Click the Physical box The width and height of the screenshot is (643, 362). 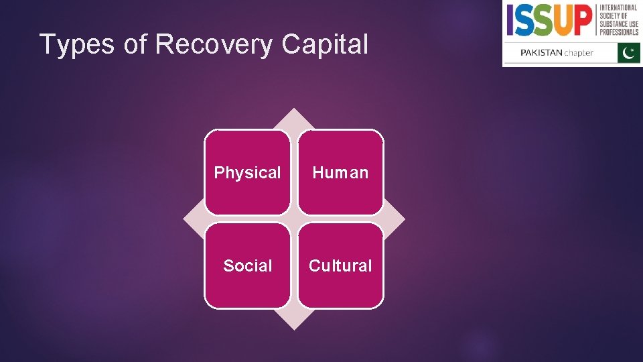(x=247, y=172)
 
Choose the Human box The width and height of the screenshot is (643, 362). (x=340, y=172)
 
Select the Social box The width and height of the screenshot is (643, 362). (x=247, y=265)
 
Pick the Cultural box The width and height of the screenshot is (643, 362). (x=340, y=265)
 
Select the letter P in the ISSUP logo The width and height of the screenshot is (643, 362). (x=583, y=20)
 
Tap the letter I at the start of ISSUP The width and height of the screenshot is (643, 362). (x=510, y=20)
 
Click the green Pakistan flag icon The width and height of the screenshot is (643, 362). (x=629, y=53)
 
